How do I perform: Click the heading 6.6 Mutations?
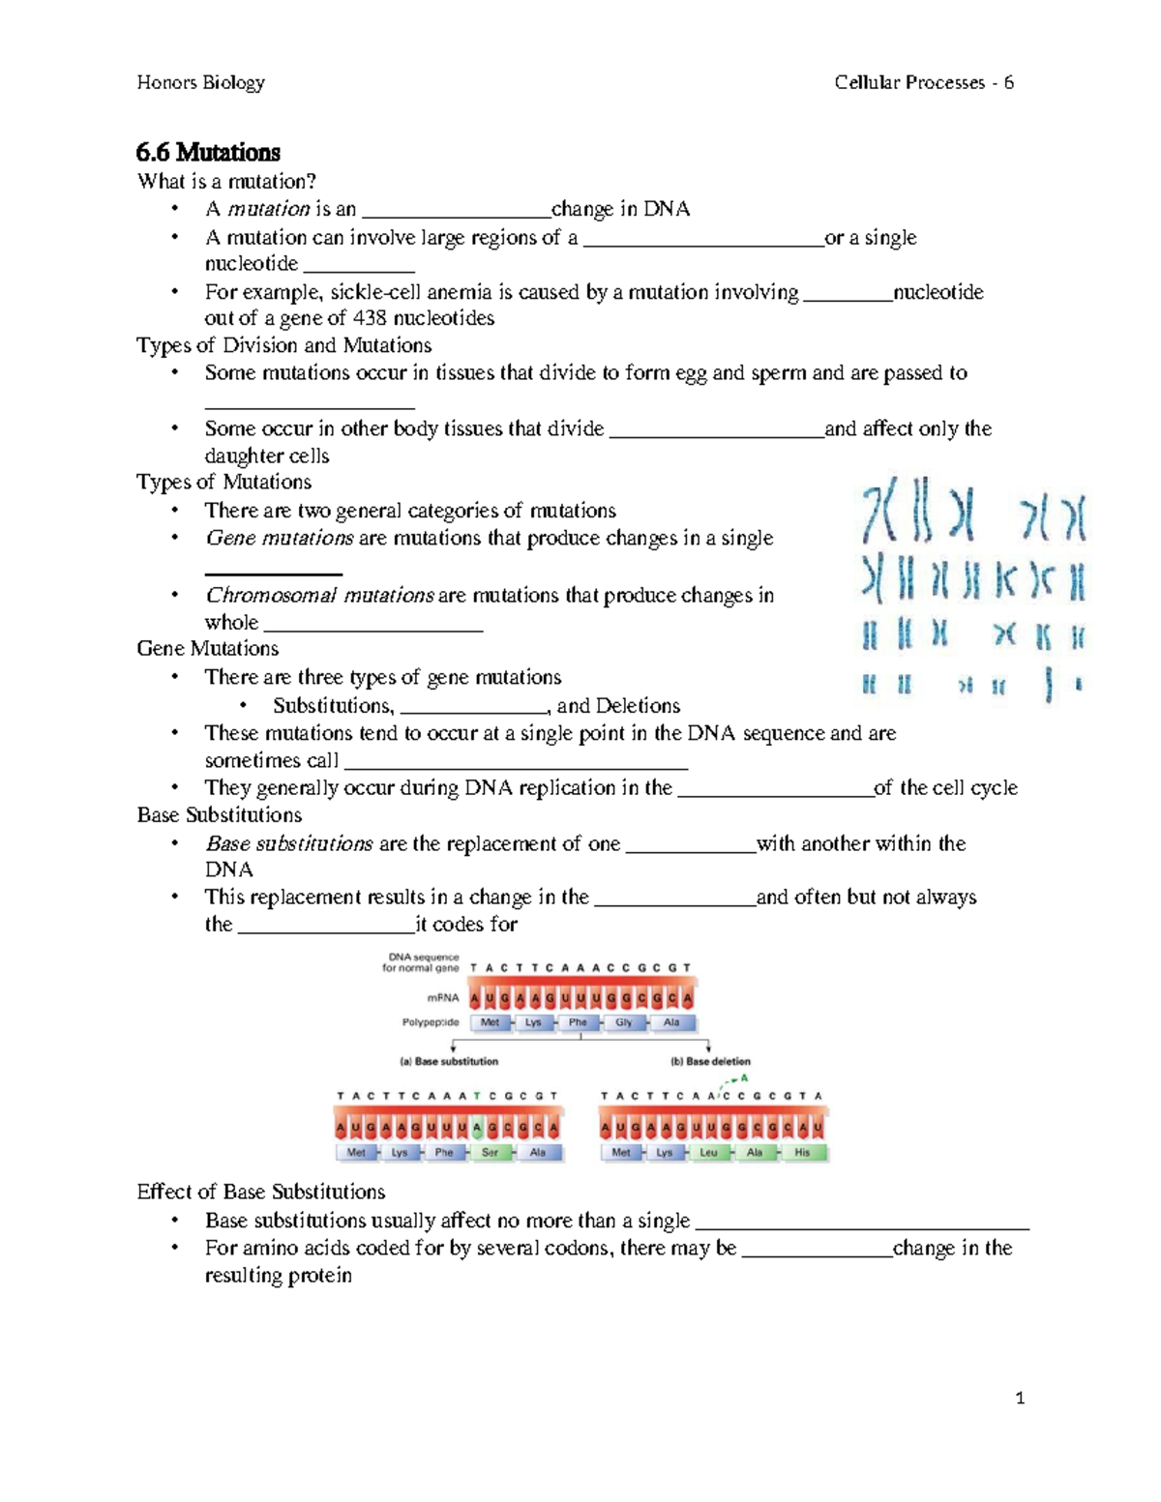tap(208, 153)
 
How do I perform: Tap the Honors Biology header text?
tap(200, 83)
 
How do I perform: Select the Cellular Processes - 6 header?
tap(923, 83)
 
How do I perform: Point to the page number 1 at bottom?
tap(1020, 1398)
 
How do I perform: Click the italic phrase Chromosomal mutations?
tap(319, 596)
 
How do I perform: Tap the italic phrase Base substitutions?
tap(289, 843)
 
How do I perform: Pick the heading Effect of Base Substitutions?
tap(260, 1192)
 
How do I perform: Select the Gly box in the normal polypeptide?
tap(624, 1022)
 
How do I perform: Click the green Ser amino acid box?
tap(491, 1153)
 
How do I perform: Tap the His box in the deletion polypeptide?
tap(802, 1153)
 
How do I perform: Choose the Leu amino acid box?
tap(709, 1153)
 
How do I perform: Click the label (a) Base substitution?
tap(449, 1061)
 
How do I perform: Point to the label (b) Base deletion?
tap(710, 1061)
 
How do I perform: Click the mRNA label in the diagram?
tap(443, 997)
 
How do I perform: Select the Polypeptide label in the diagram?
tap(431, 1022)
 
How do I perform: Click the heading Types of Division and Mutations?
tap(283, 345)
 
